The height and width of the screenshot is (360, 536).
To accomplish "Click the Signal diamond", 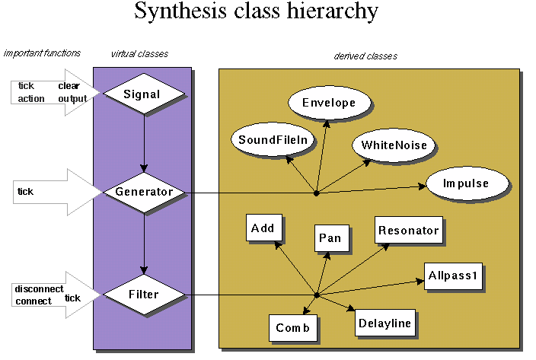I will point(143,94).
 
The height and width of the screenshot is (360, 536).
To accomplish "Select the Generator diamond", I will point(143,192).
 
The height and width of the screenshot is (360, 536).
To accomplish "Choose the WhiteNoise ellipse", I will point(394,145).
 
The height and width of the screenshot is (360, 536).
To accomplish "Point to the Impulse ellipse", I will point(466,184).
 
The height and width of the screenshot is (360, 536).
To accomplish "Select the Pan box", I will point(333,237).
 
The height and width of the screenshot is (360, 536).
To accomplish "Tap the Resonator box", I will point(409,229).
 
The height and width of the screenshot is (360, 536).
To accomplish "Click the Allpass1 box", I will point(453,276).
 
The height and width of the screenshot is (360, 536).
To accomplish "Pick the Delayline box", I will point(386,323).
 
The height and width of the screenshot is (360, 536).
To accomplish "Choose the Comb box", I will point(293,328).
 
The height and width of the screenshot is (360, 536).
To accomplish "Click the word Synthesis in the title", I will point(180,13).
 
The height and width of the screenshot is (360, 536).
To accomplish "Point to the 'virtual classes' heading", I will point(139,53).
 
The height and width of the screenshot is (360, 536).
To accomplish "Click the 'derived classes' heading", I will point(365,56).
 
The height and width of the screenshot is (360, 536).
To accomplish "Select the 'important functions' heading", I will point(42,53).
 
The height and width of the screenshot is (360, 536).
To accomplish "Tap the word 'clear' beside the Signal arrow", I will point(69,86).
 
